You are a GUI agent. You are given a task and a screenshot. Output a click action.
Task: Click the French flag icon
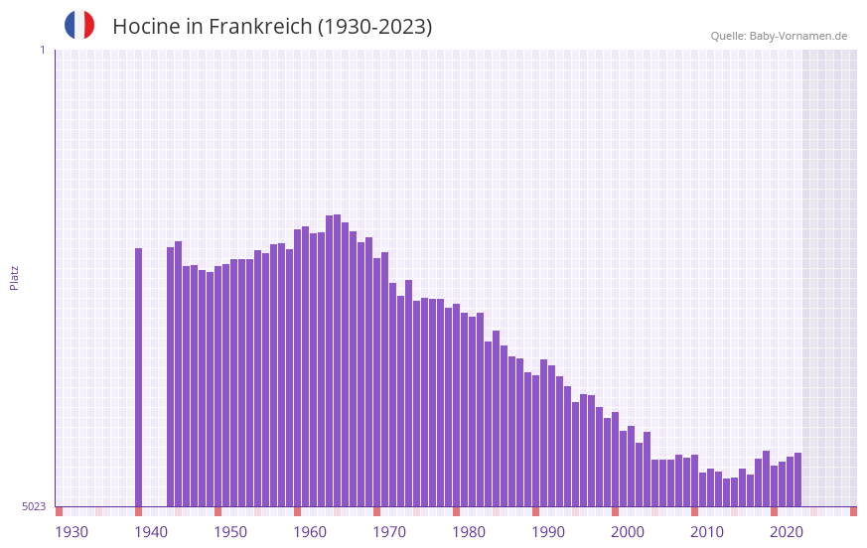click(79, 25)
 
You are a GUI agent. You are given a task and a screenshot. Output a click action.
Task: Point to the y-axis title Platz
click(14, 277)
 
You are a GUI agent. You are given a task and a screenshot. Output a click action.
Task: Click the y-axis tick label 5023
click(34, 506)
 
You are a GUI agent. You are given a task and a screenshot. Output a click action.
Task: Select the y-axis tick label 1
click(42, 50)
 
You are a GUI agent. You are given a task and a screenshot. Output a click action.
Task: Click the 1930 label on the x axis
click(72, 532)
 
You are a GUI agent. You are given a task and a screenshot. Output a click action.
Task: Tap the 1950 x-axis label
click(230, 532)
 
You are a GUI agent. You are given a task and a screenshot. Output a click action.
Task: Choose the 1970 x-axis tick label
click(389, 532)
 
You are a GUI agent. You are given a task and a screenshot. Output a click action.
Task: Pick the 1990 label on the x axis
click(548, 532)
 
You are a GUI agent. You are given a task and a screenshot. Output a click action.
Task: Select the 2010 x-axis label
click(707, 532)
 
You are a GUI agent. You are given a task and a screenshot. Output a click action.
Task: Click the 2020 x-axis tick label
click(787, 532)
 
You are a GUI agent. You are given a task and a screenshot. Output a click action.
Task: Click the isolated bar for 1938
click(139, 377)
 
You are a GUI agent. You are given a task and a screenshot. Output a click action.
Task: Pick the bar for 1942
click(171, 377)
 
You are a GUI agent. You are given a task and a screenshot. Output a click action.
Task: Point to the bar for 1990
click(552, 436)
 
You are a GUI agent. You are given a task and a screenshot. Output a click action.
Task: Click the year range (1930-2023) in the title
click(374, 27)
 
